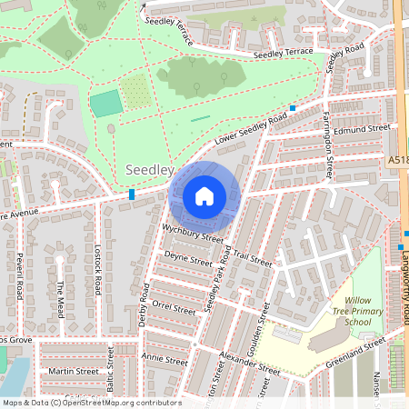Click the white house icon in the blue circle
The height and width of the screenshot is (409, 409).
[x=204, y=196]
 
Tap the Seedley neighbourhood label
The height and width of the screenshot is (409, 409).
[x=149, y=170]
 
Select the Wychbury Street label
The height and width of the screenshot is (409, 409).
[x=193, y=233]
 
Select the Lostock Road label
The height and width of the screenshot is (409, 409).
[x=95, y=268]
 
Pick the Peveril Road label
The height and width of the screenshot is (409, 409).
[x=18, y=276]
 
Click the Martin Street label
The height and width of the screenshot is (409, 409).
[x=74, y=371]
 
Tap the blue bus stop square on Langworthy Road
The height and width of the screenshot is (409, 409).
[x=400, y=246]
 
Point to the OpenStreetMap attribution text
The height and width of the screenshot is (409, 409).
[x=91, y=403]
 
